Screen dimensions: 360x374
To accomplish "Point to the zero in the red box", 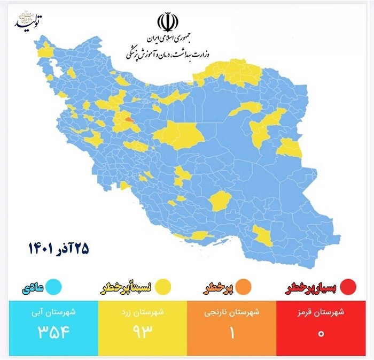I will pos(322,333).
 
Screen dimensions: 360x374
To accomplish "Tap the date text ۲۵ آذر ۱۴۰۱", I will pos(58,248).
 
